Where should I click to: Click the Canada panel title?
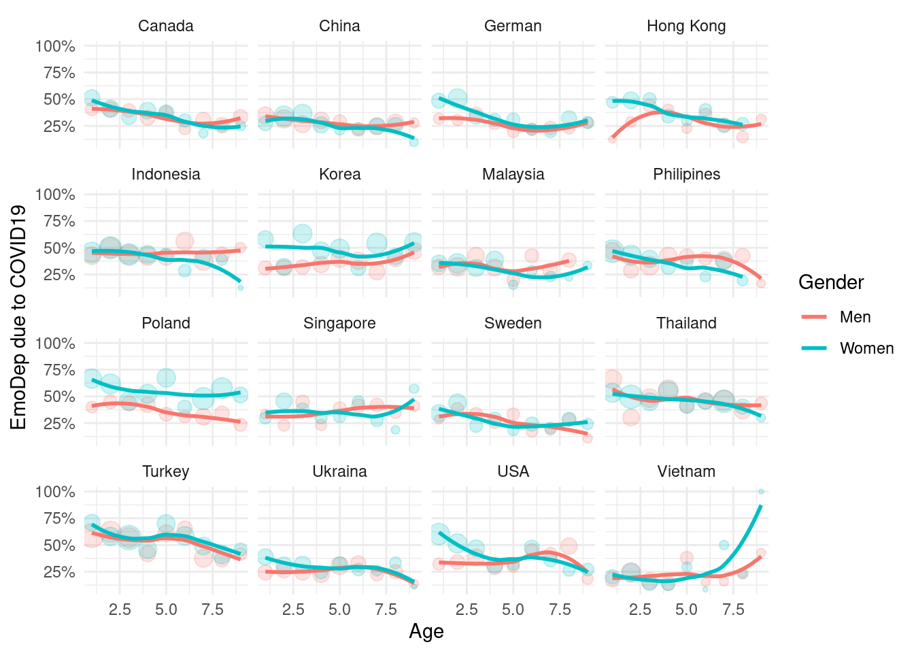166,27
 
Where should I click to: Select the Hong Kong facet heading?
686,27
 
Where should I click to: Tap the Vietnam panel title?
686,471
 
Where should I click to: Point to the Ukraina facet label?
339,471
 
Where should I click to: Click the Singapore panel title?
339,323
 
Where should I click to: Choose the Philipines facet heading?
686,175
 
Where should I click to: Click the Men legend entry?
855,317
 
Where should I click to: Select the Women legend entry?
866,348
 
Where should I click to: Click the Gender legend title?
831,282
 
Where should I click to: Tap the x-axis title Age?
426,631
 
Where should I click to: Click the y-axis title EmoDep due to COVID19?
19,317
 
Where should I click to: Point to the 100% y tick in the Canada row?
55,46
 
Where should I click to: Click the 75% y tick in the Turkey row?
58,518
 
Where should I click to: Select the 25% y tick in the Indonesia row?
58,275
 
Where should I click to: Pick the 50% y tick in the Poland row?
58,397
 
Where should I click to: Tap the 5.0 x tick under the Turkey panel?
166,609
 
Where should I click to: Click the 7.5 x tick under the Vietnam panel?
733,609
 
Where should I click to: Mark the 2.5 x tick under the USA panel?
467,609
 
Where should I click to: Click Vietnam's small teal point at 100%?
761,491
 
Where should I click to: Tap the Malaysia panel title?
513,175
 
